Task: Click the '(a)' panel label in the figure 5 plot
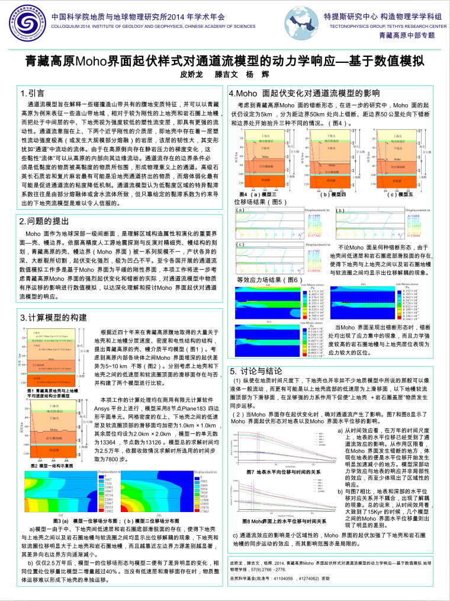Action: (239, 210)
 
